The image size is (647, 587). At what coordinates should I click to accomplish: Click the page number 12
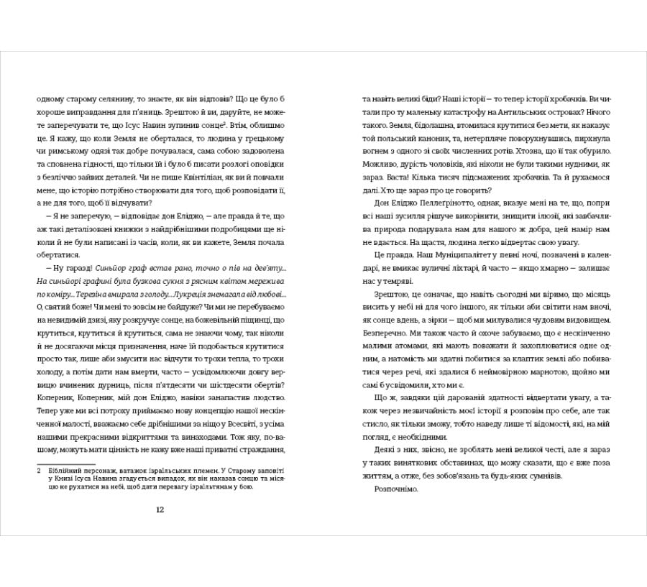coord(160,509)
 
